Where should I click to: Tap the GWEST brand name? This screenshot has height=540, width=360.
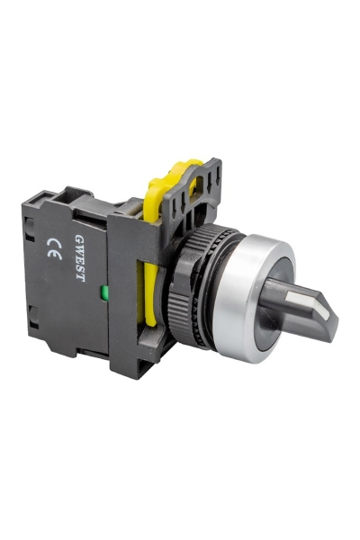click(x=80, y=256)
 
